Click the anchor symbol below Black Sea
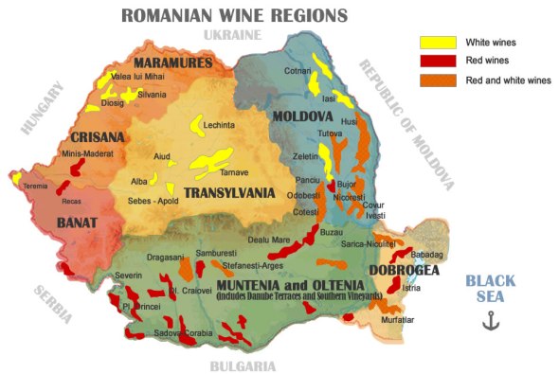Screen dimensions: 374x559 click(490, 321)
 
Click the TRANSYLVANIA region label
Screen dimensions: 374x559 click(229, 193)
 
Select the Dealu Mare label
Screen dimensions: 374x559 click(267, 241)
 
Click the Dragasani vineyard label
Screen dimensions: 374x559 click(167, 257)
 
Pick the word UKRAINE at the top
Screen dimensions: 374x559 click(232, 35)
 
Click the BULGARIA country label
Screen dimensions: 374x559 click(243, 365)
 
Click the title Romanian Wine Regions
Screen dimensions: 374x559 click(234, 15)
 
